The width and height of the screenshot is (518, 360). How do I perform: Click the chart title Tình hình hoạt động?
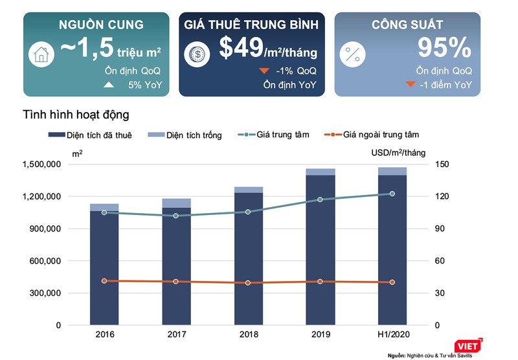click(x=76, y=115)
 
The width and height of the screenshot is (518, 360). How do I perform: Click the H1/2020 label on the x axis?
click(x=392, y=335)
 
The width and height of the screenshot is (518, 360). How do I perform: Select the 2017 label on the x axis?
click(x=177, y=335)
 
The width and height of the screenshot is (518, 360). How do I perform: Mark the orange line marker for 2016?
click(x=104, y=281)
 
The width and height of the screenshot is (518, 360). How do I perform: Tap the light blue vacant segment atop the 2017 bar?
click(x=177, y=203)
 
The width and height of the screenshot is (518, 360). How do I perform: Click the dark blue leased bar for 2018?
click(x=249, y=259)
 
